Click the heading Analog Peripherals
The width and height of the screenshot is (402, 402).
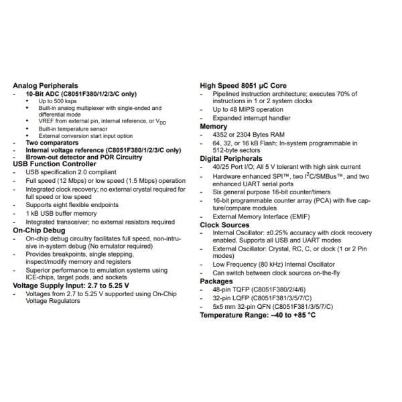click(x=46, y=86)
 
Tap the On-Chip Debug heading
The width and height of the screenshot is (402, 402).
click(x=40, y=230)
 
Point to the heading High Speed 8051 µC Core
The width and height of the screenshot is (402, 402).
click(x=244, y=86)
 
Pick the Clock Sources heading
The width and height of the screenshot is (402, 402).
click(x=224, y=225)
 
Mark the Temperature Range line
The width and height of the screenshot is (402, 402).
click(x=258, y=315)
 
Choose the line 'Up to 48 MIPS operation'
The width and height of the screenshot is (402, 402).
click(x=248, y=110)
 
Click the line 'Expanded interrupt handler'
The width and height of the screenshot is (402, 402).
click(x=252, y=118)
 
